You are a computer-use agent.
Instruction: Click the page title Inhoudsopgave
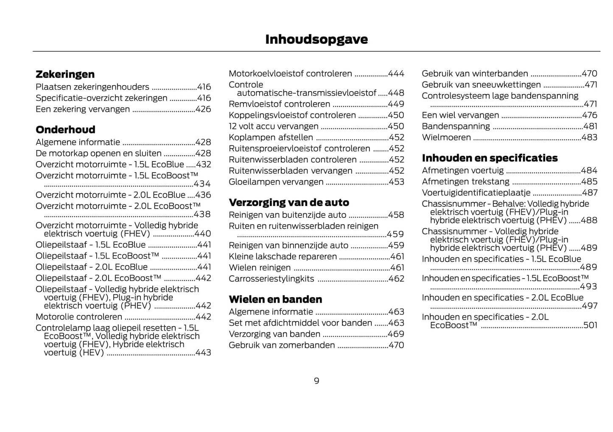click(x=316, y=39)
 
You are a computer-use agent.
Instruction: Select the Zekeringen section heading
click(x=65, y=74)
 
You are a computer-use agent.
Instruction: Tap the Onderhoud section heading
click(x=65, y=130)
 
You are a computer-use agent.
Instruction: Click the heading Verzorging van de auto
click(x=289, y=202)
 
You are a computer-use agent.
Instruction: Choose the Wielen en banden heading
click(x=275, y=299)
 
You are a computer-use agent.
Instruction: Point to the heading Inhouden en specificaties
click(x=490, y=158)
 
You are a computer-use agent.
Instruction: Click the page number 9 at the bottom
click(x=316, y=381)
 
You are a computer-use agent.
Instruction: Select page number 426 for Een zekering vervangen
click(x=203, y=109)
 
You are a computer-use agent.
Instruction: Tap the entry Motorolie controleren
click(x=79, y=317)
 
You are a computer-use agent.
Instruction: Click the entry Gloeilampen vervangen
click(x=276, y=182)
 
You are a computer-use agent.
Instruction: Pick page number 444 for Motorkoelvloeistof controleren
click(x=396, y=74)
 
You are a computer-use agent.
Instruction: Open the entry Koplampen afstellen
click(x=271, y=137)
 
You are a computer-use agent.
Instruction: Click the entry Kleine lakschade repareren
click(x=283, y=256)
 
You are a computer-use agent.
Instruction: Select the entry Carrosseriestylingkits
click(x=272, y=279)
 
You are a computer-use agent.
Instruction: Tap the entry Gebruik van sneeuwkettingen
click(x=481, y=85)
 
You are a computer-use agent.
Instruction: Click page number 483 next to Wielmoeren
click(x=589, y=137)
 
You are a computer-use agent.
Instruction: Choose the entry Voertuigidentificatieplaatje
click(x=476, y=192)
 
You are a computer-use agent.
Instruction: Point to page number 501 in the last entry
click(x=590, y=325)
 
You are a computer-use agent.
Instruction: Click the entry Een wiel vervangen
click(x=460, y=115)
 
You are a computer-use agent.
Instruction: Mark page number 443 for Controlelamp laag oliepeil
click(x=203, y=353)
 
